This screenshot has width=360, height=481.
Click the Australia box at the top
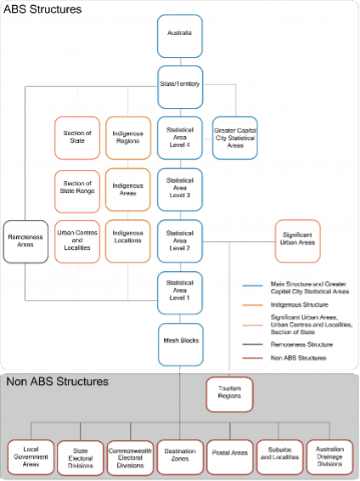(179, 34)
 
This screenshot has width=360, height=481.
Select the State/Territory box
(179, 86)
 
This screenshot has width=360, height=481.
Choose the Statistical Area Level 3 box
(179, 189)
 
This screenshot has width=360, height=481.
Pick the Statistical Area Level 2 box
(179, 240)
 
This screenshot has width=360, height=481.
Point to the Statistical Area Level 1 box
(179, 291)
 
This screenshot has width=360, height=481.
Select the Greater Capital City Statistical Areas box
(234, 137)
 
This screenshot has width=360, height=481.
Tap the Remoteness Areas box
(25, 240)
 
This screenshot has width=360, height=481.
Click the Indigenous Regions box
(128, 137)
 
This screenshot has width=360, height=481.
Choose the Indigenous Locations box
(128, 240)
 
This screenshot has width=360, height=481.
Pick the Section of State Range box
(77, 189)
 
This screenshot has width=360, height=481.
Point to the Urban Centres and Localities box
(77, 240)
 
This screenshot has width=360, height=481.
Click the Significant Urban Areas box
(296, 240)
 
